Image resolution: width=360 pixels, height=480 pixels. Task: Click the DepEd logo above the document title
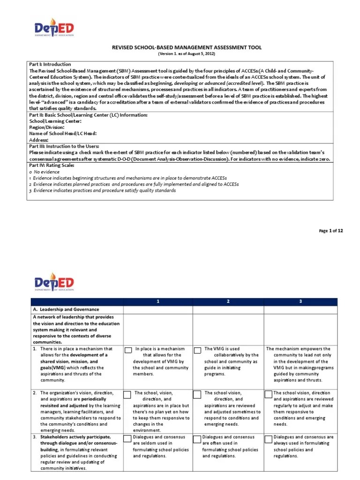[54, 29]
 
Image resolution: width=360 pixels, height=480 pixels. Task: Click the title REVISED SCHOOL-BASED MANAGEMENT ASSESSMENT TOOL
[187, 47]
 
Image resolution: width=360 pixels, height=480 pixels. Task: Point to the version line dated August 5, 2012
[187, 54]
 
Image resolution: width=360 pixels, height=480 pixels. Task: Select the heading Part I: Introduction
[50, 64]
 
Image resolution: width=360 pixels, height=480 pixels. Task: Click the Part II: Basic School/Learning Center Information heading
[88, 115]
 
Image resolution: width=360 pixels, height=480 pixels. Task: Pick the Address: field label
[39, 140]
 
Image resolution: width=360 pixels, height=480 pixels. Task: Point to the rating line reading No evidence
[45, 172]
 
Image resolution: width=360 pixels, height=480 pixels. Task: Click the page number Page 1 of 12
[330, 231]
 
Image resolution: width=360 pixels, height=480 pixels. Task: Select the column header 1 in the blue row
[158, 301]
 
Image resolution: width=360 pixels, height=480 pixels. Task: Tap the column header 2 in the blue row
[228, 301]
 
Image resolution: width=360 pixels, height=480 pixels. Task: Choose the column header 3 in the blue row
[299, 301]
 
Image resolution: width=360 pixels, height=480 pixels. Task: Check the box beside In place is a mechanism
[128, 350]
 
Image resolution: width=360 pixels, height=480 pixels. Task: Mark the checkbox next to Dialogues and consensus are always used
[269, 439]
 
